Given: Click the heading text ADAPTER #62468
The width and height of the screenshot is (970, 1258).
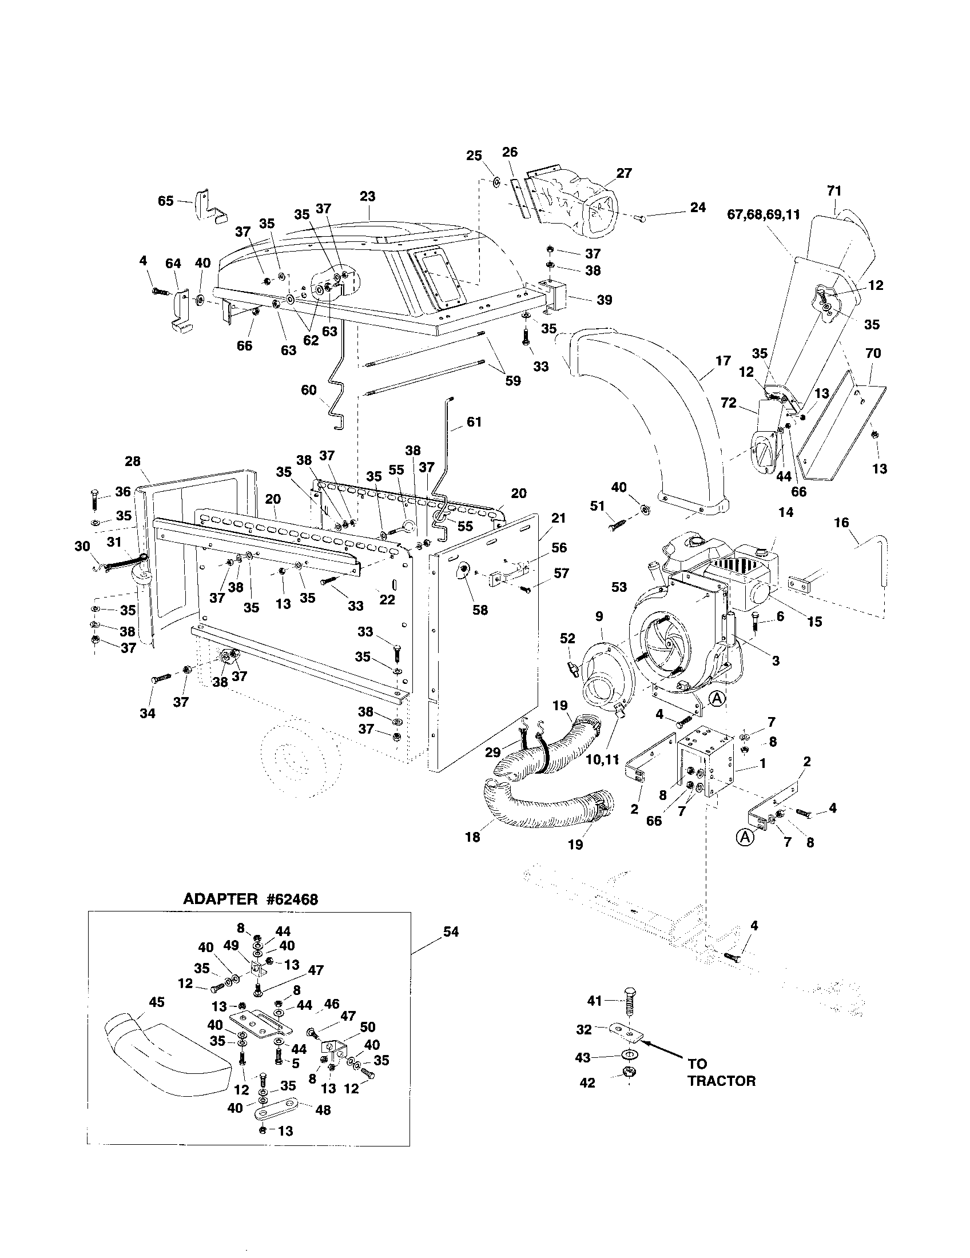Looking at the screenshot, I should (250, 899).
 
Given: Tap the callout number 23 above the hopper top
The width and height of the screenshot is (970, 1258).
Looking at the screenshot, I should (368, 196).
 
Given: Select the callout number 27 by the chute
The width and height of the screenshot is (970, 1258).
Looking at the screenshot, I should (624, 173).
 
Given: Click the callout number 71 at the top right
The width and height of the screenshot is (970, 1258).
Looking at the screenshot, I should (834, 190).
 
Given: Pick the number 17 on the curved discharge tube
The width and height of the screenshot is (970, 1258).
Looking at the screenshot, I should (723, 361).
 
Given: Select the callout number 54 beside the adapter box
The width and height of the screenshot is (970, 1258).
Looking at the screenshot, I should (451, 931).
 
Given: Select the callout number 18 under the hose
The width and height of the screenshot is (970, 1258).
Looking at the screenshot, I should (472, 837).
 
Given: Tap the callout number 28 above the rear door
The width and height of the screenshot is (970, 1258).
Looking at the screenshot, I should (133, 461).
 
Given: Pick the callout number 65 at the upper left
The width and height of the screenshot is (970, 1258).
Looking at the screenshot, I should (166, 201).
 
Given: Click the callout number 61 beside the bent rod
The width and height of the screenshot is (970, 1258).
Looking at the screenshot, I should (474, 422).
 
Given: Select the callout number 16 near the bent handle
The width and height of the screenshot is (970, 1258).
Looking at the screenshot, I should (841, 523).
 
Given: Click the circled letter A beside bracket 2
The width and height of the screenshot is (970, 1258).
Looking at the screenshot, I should (745, 837).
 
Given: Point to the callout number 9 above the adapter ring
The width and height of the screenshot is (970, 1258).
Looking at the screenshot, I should (599, 616).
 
